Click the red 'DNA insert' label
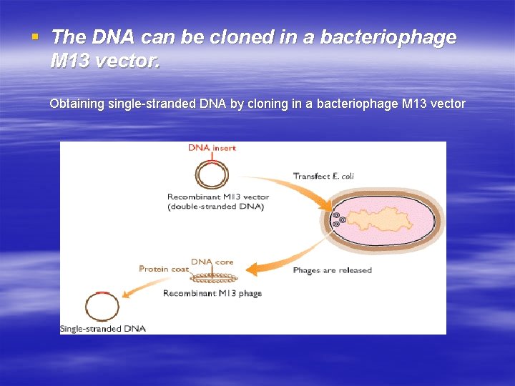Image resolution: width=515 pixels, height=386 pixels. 212,148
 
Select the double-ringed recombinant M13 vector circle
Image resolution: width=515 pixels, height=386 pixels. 212,174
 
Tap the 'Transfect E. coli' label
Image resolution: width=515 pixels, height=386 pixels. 323,176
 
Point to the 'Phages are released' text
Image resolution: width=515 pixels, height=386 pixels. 332,270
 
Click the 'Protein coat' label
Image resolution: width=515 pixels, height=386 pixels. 164,269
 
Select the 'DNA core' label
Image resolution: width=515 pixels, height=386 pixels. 212,262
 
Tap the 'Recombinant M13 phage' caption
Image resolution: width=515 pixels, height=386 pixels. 212,294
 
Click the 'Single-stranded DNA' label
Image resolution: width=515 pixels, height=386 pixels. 103,329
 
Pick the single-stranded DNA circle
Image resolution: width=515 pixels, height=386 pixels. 102,307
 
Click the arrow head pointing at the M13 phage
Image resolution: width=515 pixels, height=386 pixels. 251,269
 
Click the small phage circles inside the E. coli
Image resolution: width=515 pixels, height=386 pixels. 337,219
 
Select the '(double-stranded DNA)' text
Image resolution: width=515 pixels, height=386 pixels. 216,207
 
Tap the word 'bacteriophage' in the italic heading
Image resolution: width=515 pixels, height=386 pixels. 390,37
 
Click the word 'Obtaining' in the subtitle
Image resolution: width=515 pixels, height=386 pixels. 77,104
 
